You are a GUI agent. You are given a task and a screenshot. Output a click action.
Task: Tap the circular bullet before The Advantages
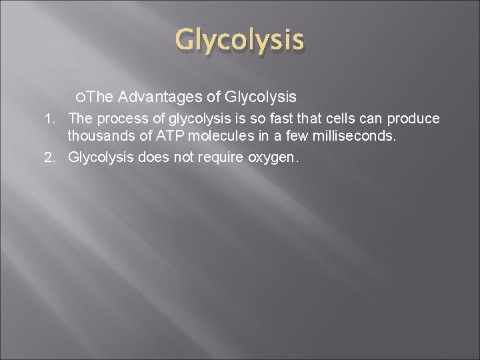coord(80,98)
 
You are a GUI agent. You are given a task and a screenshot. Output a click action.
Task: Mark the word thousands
coord(99,138)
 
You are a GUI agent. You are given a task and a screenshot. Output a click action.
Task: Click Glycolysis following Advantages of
coord(261,98)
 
